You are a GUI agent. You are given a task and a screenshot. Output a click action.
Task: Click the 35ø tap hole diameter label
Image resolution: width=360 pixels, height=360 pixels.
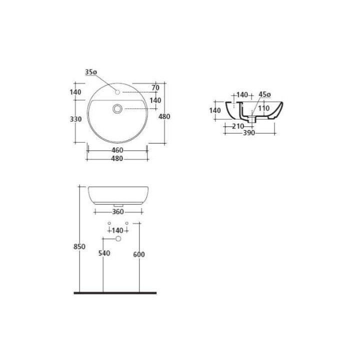pos(91,72)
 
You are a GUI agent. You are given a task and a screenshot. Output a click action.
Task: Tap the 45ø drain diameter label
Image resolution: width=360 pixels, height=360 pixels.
pos(264,94)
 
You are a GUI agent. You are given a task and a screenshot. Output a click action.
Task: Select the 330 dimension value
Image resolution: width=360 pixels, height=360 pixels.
pos(76,119)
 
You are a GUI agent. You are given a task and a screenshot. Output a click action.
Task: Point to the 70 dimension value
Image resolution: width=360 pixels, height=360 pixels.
pos(155,87)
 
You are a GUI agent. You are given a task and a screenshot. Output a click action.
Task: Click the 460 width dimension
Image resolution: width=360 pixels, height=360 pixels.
pos(117,150)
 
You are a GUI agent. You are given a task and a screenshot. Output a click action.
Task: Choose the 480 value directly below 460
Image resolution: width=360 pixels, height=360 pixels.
pos(117,158)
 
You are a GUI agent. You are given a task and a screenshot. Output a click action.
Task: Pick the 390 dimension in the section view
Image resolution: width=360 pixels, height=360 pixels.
pos(249,132)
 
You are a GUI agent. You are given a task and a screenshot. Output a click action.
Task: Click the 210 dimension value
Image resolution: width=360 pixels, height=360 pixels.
pos(238,126)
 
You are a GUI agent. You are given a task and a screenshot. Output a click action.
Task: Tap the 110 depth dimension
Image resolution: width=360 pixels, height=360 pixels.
pos(264,108)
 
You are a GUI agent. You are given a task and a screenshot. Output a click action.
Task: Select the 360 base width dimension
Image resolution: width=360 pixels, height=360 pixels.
pos(118,211)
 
